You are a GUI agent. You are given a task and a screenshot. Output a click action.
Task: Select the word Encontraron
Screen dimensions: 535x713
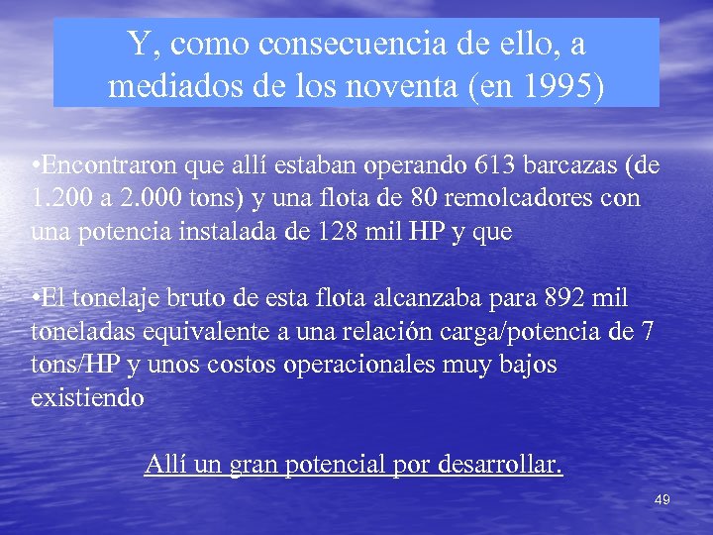(x=104, y=164)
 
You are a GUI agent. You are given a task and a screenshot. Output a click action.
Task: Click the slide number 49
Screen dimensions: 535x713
(x=662, y=500)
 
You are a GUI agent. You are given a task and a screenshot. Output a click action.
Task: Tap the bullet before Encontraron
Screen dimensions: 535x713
(x=36, y=164)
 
